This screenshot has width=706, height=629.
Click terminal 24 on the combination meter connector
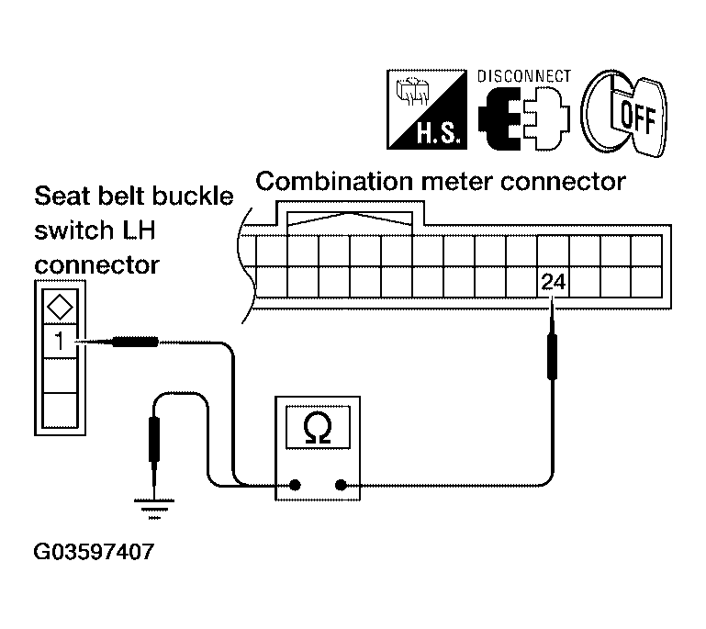553,282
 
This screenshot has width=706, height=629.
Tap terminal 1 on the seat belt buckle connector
60,341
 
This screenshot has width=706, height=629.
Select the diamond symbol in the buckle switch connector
60,308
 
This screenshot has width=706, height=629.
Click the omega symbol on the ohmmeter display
318,427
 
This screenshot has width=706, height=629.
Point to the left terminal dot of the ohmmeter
295,485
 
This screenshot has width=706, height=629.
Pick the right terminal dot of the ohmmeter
341,485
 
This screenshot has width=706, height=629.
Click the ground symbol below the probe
154,509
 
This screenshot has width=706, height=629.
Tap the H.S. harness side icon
427,109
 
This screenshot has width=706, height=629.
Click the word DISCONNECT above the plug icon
524,76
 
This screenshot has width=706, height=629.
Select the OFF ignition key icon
624,113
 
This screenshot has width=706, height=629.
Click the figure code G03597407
95,552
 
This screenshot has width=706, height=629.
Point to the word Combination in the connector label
334,182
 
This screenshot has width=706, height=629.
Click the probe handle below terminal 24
552,355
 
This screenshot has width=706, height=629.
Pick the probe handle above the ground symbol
154,439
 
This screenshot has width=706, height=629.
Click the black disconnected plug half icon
499,118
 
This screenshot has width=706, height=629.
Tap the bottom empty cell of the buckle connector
60,410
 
